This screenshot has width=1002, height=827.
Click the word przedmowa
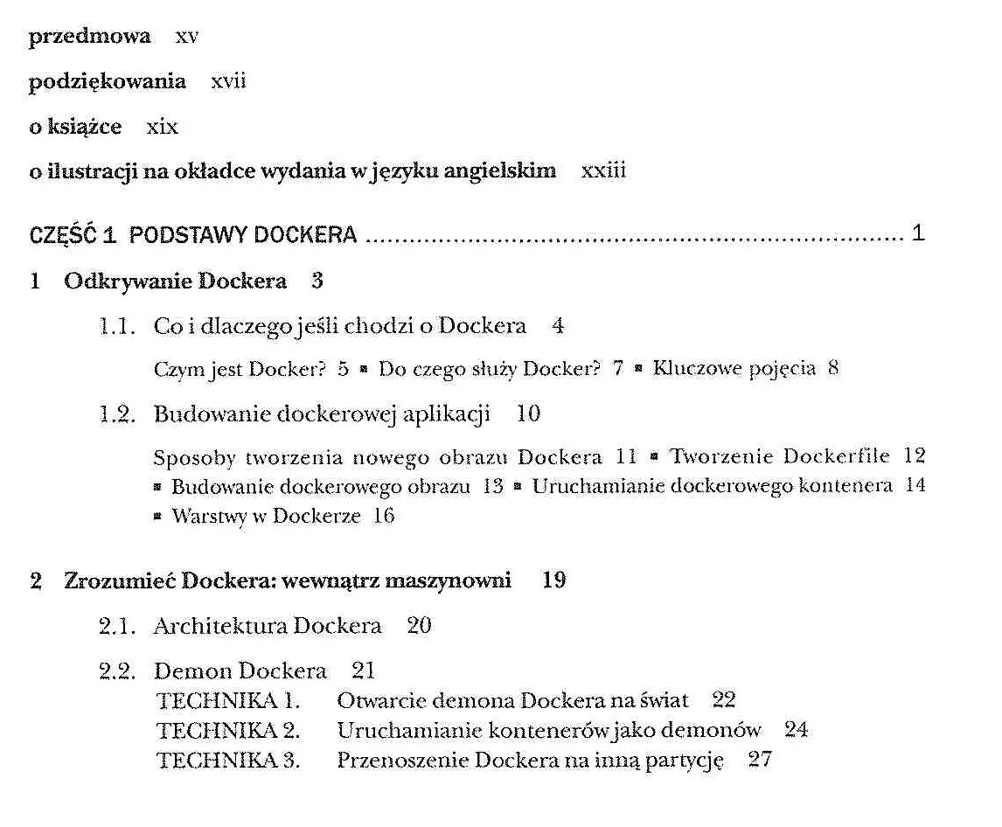pos(89,37)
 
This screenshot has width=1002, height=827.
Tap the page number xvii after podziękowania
pos(228,81)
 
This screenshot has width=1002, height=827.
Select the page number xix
pos(163,127)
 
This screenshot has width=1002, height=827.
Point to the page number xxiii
pos(603,170)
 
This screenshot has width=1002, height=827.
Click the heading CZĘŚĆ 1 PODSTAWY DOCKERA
pos(193,235)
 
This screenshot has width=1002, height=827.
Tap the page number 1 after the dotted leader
pos(917,234)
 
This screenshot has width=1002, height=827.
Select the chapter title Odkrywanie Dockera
pos(175,281)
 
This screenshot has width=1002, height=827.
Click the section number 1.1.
pos(117,327)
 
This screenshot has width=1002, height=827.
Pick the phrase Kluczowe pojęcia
pos(734,368)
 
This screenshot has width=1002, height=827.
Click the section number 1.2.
pos(117,414)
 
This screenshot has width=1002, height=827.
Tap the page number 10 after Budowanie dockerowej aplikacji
pos(528,413)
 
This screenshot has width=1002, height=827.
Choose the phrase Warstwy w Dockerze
pos(266,516)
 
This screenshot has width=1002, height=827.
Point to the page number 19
pos(553,580)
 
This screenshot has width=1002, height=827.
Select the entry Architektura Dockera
pos(268,626)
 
